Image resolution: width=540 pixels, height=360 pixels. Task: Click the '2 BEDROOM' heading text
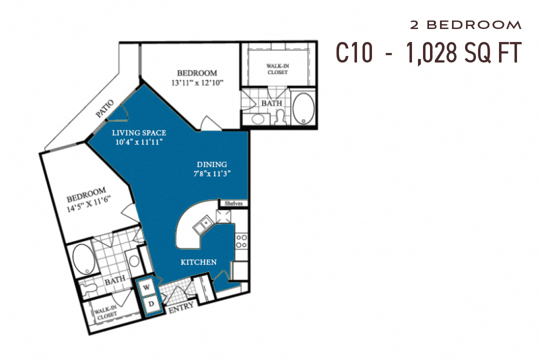(465, 24)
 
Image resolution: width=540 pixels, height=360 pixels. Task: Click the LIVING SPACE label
(138, 133)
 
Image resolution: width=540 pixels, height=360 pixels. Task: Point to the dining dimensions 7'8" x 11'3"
(212, 174)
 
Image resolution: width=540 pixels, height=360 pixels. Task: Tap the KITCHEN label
(198, 262)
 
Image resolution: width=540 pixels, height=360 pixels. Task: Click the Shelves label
(233, 203)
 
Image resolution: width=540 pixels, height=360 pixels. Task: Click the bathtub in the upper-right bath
(302, 108)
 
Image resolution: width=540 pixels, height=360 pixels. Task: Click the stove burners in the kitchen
(241, 241)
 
